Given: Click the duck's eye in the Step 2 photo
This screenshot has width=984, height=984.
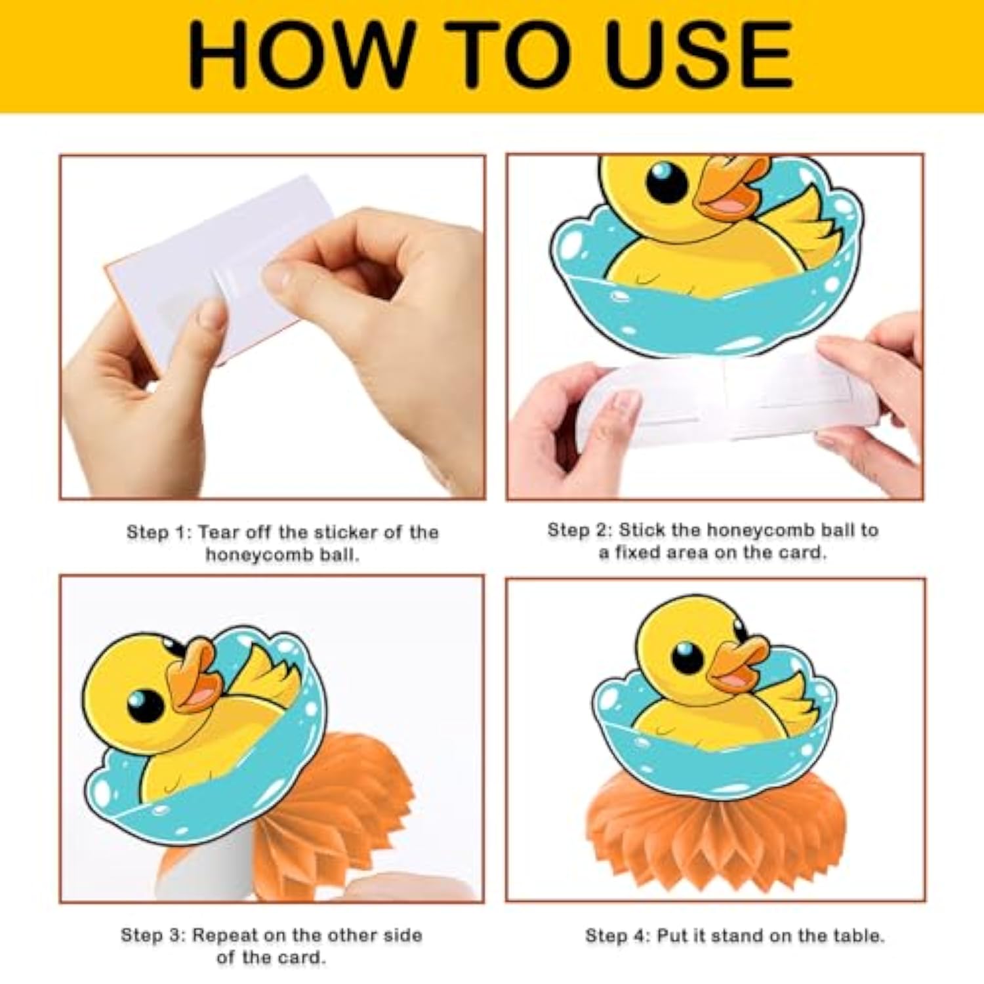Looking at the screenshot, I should (666, 180).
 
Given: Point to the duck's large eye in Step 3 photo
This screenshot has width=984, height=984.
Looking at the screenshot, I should (145, 705).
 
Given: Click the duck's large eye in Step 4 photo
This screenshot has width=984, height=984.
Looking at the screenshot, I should (687, 657).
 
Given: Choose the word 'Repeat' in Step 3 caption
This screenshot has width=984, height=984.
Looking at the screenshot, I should (222, 935).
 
